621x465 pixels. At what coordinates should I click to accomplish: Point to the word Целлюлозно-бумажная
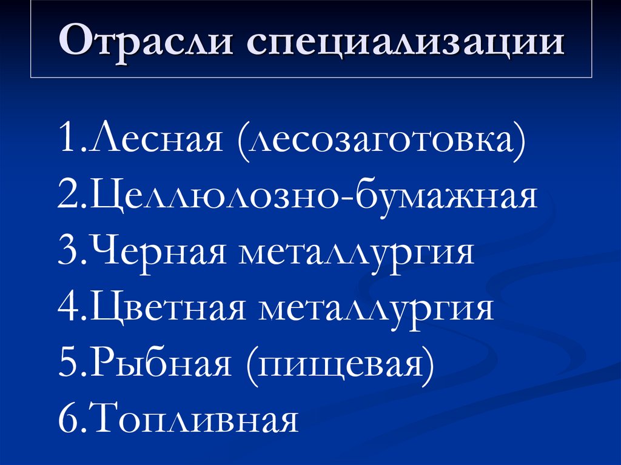(313, 198)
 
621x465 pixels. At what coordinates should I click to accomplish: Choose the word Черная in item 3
(160, 253)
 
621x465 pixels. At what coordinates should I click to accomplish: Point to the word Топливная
(194, 421)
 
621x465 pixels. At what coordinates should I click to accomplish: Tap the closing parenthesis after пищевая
(429, 366)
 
